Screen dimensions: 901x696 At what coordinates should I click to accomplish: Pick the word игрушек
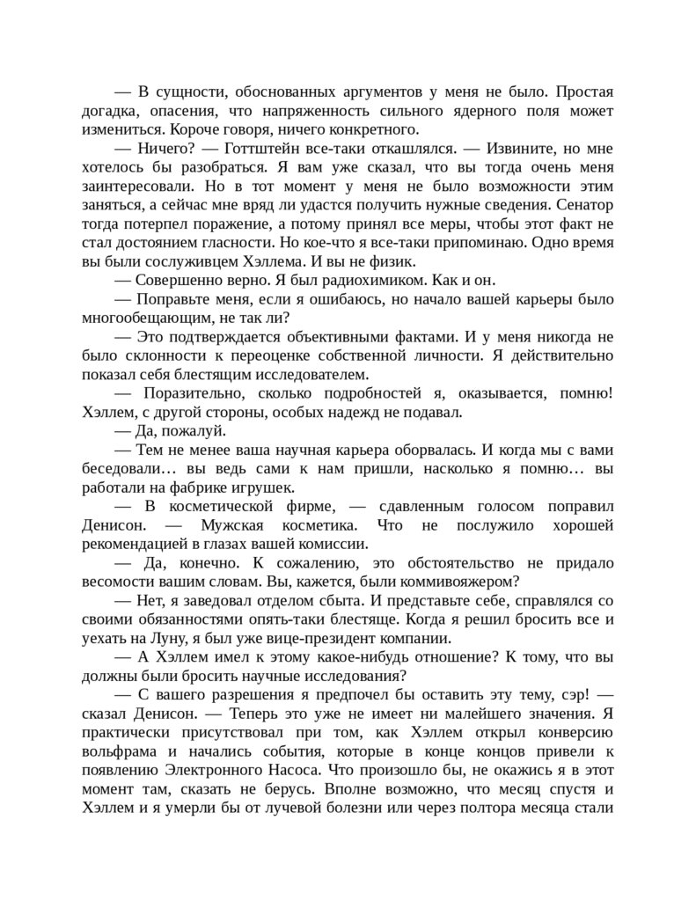(x=265, y=487)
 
